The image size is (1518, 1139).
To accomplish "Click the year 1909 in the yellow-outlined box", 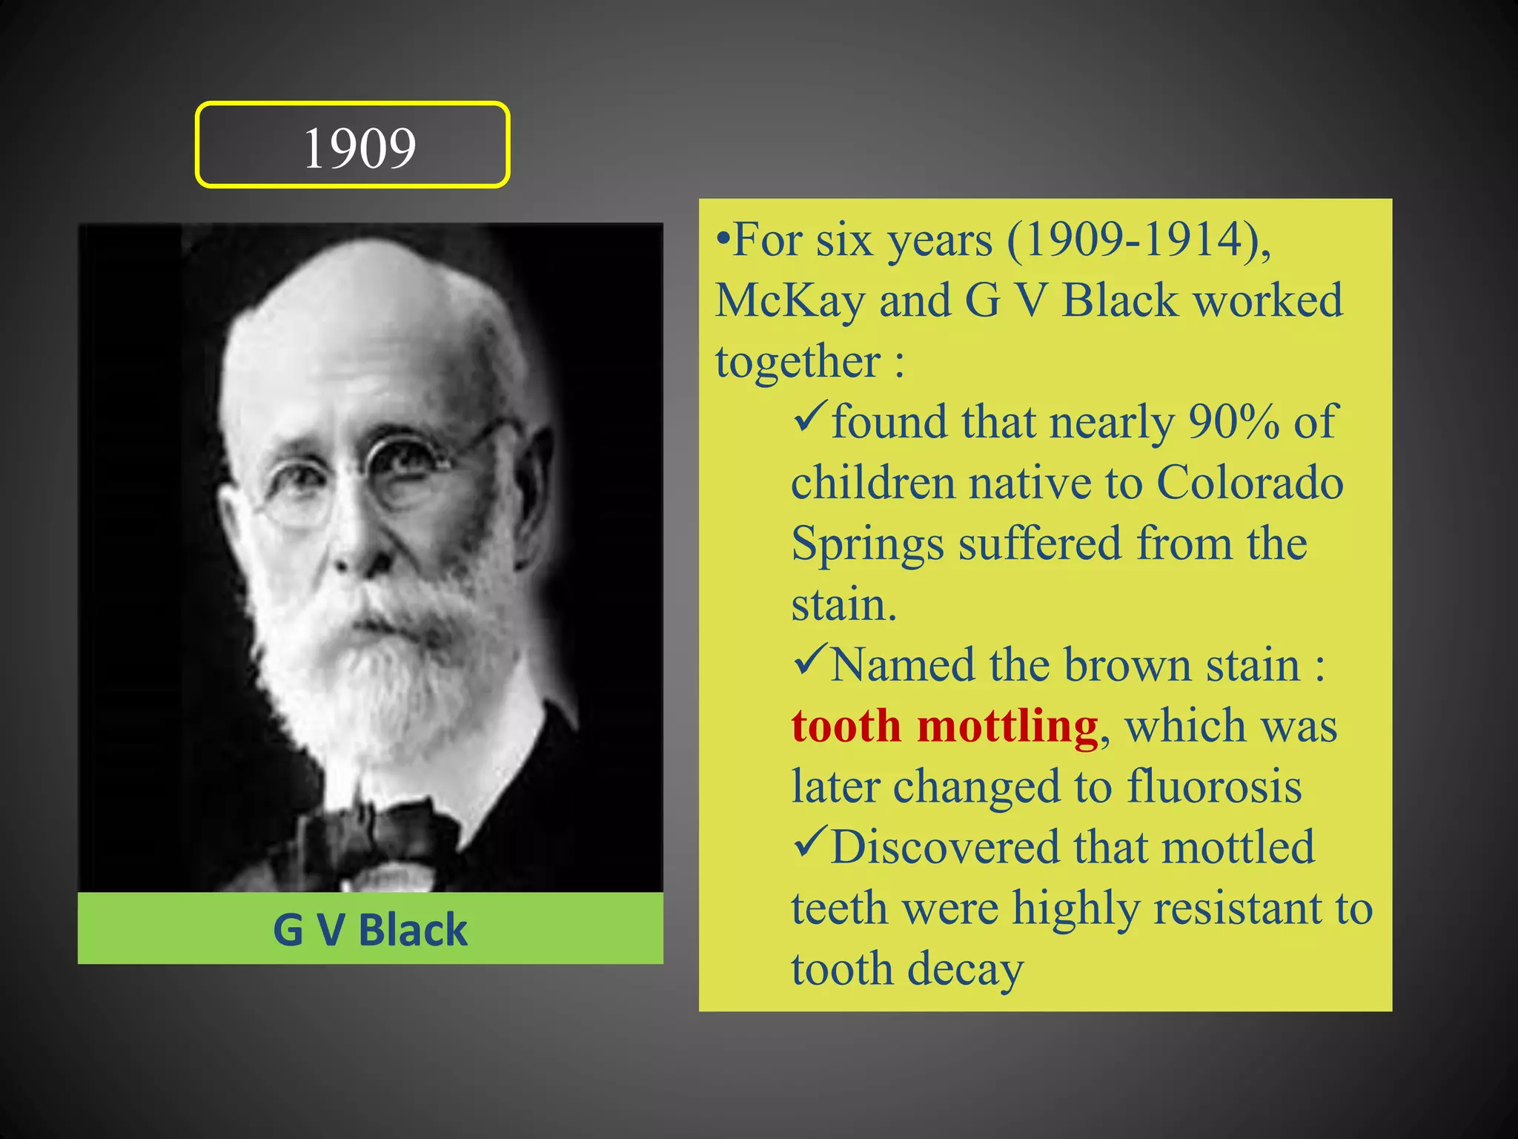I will click(x=359, y=148).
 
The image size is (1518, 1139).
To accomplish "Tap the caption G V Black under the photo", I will click(x=370, y=930).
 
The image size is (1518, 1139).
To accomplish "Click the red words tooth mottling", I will click(x=944, y=726).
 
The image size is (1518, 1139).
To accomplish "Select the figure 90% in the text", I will click(x=1233, y=423).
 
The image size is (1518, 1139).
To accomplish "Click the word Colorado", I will click(x=1250, y=483).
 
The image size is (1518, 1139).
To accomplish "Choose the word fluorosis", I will click(x=1214, y=787).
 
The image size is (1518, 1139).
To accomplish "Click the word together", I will click(x=798, y=363).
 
